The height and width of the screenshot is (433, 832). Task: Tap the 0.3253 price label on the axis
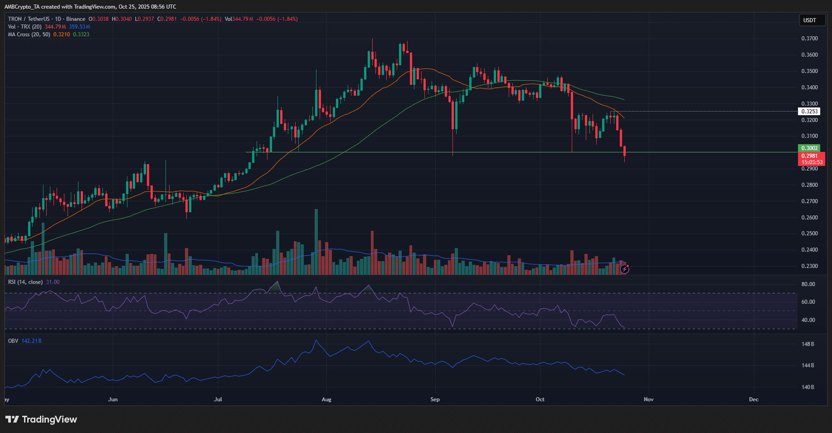pyautogui.click(x=809, y=112)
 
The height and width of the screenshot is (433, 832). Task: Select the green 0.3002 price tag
pyautogui.click(x=809, y=148)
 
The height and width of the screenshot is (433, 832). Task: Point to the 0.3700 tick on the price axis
pyautogui.click(x=809, y=39)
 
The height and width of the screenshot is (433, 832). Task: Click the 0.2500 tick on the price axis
pyautogui.click(x=809, y=234)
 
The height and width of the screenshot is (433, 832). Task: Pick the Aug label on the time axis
pyautogui.click(x=326, y=399)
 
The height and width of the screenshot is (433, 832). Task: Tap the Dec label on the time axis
pyautogui.click(x=754, y=399)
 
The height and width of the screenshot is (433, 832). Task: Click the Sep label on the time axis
pyautogui.click(x=435, y=399)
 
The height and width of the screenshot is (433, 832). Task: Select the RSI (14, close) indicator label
pyautogui.click(x=25, y=282)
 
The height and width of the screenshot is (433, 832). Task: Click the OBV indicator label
pyautogui.click(x=13, y=341)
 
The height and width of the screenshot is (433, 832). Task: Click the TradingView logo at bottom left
pyautogui.click(x=41, y=419)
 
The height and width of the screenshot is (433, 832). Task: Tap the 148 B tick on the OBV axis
pyautogui.click(x=808, y=344)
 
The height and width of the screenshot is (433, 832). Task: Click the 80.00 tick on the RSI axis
pyautogui.click(x=808, y=284)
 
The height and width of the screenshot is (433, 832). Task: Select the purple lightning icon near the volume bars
pyautogui.click(x=625, y=269)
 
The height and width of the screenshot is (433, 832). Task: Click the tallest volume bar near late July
pyautogui.click(x=316, y=240)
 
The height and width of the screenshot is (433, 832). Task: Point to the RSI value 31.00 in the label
pyautogui.click(x=53, y=282)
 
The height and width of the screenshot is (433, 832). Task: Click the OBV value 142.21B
pyautogui.click(x=31, y=341)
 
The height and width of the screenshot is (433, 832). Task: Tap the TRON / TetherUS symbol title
pyautogui.click(x=29, y=19)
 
